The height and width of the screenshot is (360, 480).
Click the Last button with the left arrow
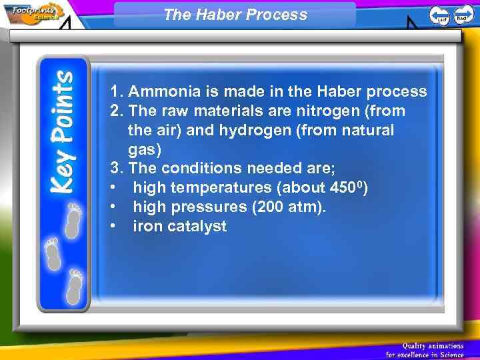coord(439,15)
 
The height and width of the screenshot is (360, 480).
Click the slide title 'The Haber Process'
coord(235,15)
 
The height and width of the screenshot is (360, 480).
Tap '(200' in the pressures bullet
coord(268,207)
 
